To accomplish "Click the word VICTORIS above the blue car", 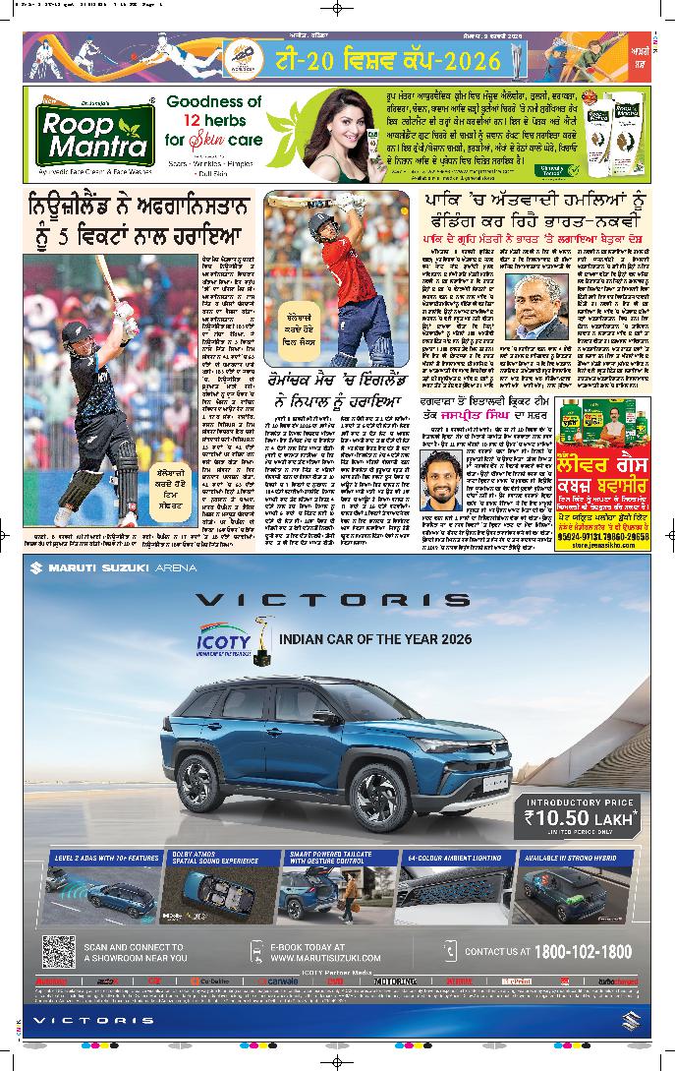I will point(331,600).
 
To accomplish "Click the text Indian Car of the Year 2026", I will point(362,639).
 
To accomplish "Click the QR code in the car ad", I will point(59,951).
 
